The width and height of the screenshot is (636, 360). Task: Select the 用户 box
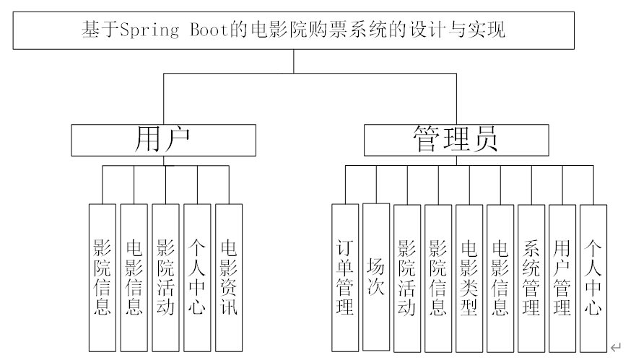tap(163, 140)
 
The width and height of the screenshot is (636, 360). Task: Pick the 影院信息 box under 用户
tap(103, 278)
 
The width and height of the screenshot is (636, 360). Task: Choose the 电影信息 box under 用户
tap(134, 278)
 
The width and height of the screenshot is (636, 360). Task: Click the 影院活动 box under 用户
tap(165, 278)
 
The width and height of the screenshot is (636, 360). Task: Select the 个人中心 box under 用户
tap(196, 278)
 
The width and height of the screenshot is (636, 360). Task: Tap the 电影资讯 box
tap(228, 278)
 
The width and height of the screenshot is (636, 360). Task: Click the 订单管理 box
tap(345, 278)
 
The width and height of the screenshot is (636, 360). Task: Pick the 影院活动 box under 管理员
tap(407, 278)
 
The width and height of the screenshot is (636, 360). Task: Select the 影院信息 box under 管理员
tap(438, 278)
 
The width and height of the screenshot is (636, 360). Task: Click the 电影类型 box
tap(469, 278)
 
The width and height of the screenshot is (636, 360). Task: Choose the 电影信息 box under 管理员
tap(500, 278)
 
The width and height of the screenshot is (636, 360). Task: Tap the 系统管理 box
tap(531, 278)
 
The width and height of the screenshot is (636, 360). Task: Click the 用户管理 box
tap(562, 278)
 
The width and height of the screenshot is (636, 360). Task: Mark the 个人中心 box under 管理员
tap(593, 278)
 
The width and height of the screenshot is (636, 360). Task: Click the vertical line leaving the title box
tap(293, 61)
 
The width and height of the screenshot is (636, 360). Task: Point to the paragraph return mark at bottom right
tap(614, 347)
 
